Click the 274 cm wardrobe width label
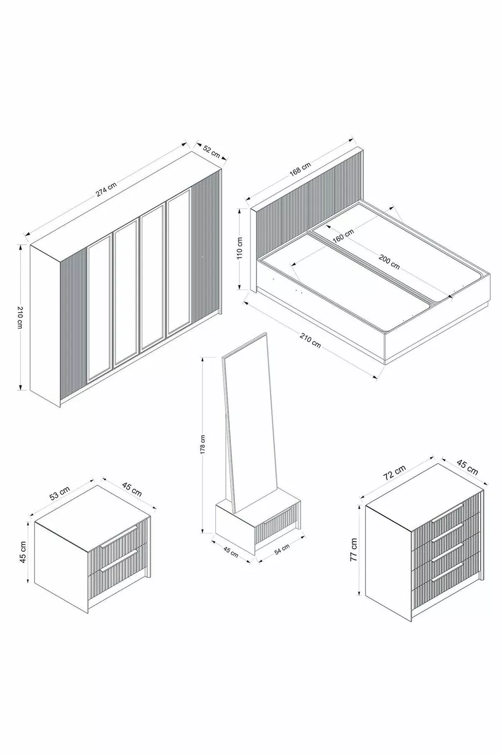[x=106, y=189]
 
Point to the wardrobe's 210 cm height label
[x=20, y=318]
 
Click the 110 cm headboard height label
[x=239, y=248]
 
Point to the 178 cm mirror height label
[x=202, y=445]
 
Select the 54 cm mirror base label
[x=282, y=548]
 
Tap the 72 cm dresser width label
[x=395, y=472]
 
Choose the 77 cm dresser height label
[x=354, y=549]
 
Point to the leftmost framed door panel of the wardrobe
[x=99, y=309]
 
